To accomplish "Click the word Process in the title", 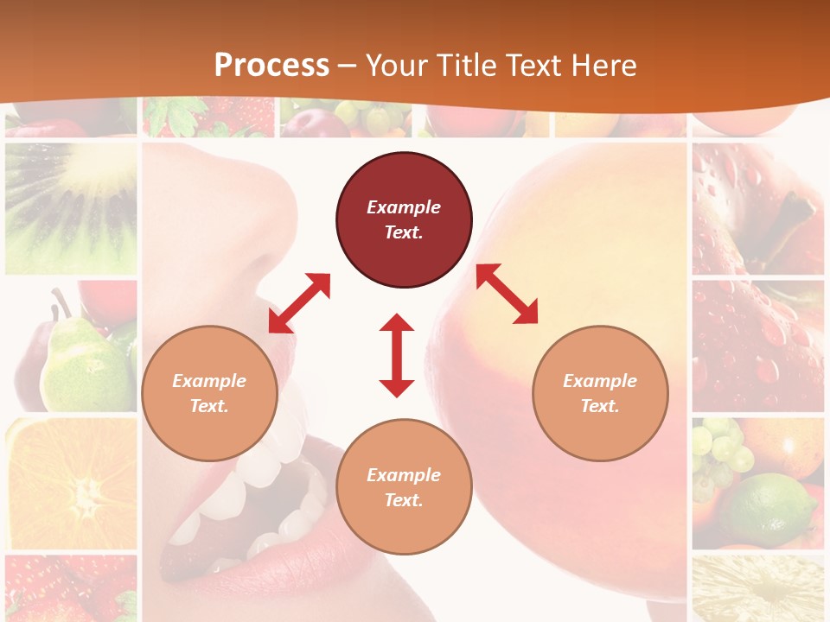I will [271, 65].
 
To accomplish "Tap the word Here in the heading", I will [602, 65].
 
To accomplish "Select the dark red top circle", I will [404, 219].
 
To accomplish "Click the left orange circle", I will [209, 393].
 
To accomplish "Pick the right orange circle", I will [600, 393].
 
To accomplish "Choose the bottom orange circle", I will [404, 487].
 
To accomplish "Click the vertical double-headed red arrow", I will [397, 355].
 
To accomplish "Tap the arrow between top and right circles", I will [507, 294].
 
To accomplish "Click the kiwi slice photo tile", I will [71, 207].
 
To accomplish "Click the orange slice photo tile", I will [71, 484].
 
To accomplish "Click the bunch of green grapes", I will [722, 449].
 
